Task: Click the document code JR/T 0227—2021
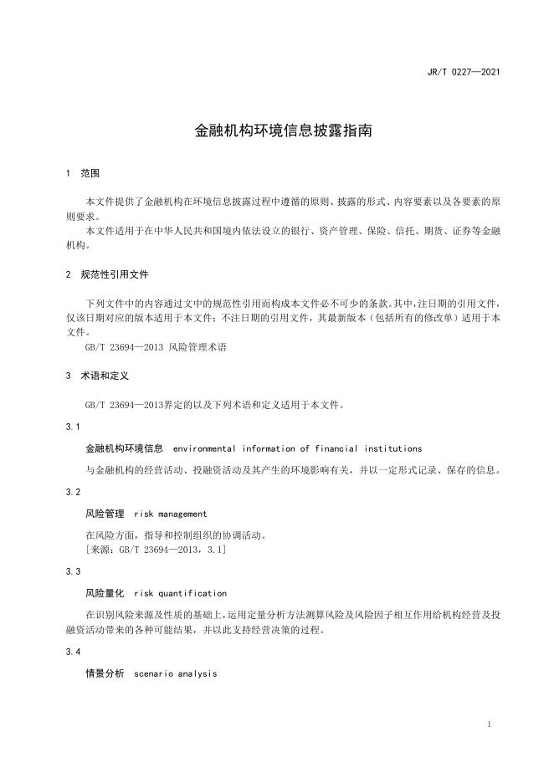pos(463,72)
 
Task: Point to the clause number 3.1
pos(72,427)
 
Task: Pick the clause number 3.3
pos(72,571)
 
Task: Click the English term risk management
pos(170,514)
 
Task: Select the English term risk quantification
pos(180,593)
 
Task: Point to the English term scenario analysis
pos(175,673)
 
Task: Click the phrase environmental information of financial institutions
pos(297,448)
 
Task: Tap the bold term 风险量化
pos(105,593)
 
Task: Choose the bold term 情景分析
pos(105,673)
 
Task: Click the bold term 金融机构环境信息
pos(124,448)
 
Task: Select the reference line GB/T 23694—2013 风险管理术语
pos(156,346)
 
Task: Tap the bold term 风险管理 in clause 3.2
pos(105,514)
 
